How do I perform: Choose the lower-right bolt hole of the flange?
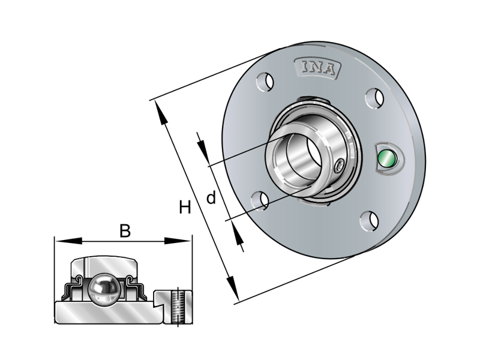pyautogui.click(x=368, y=220)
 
